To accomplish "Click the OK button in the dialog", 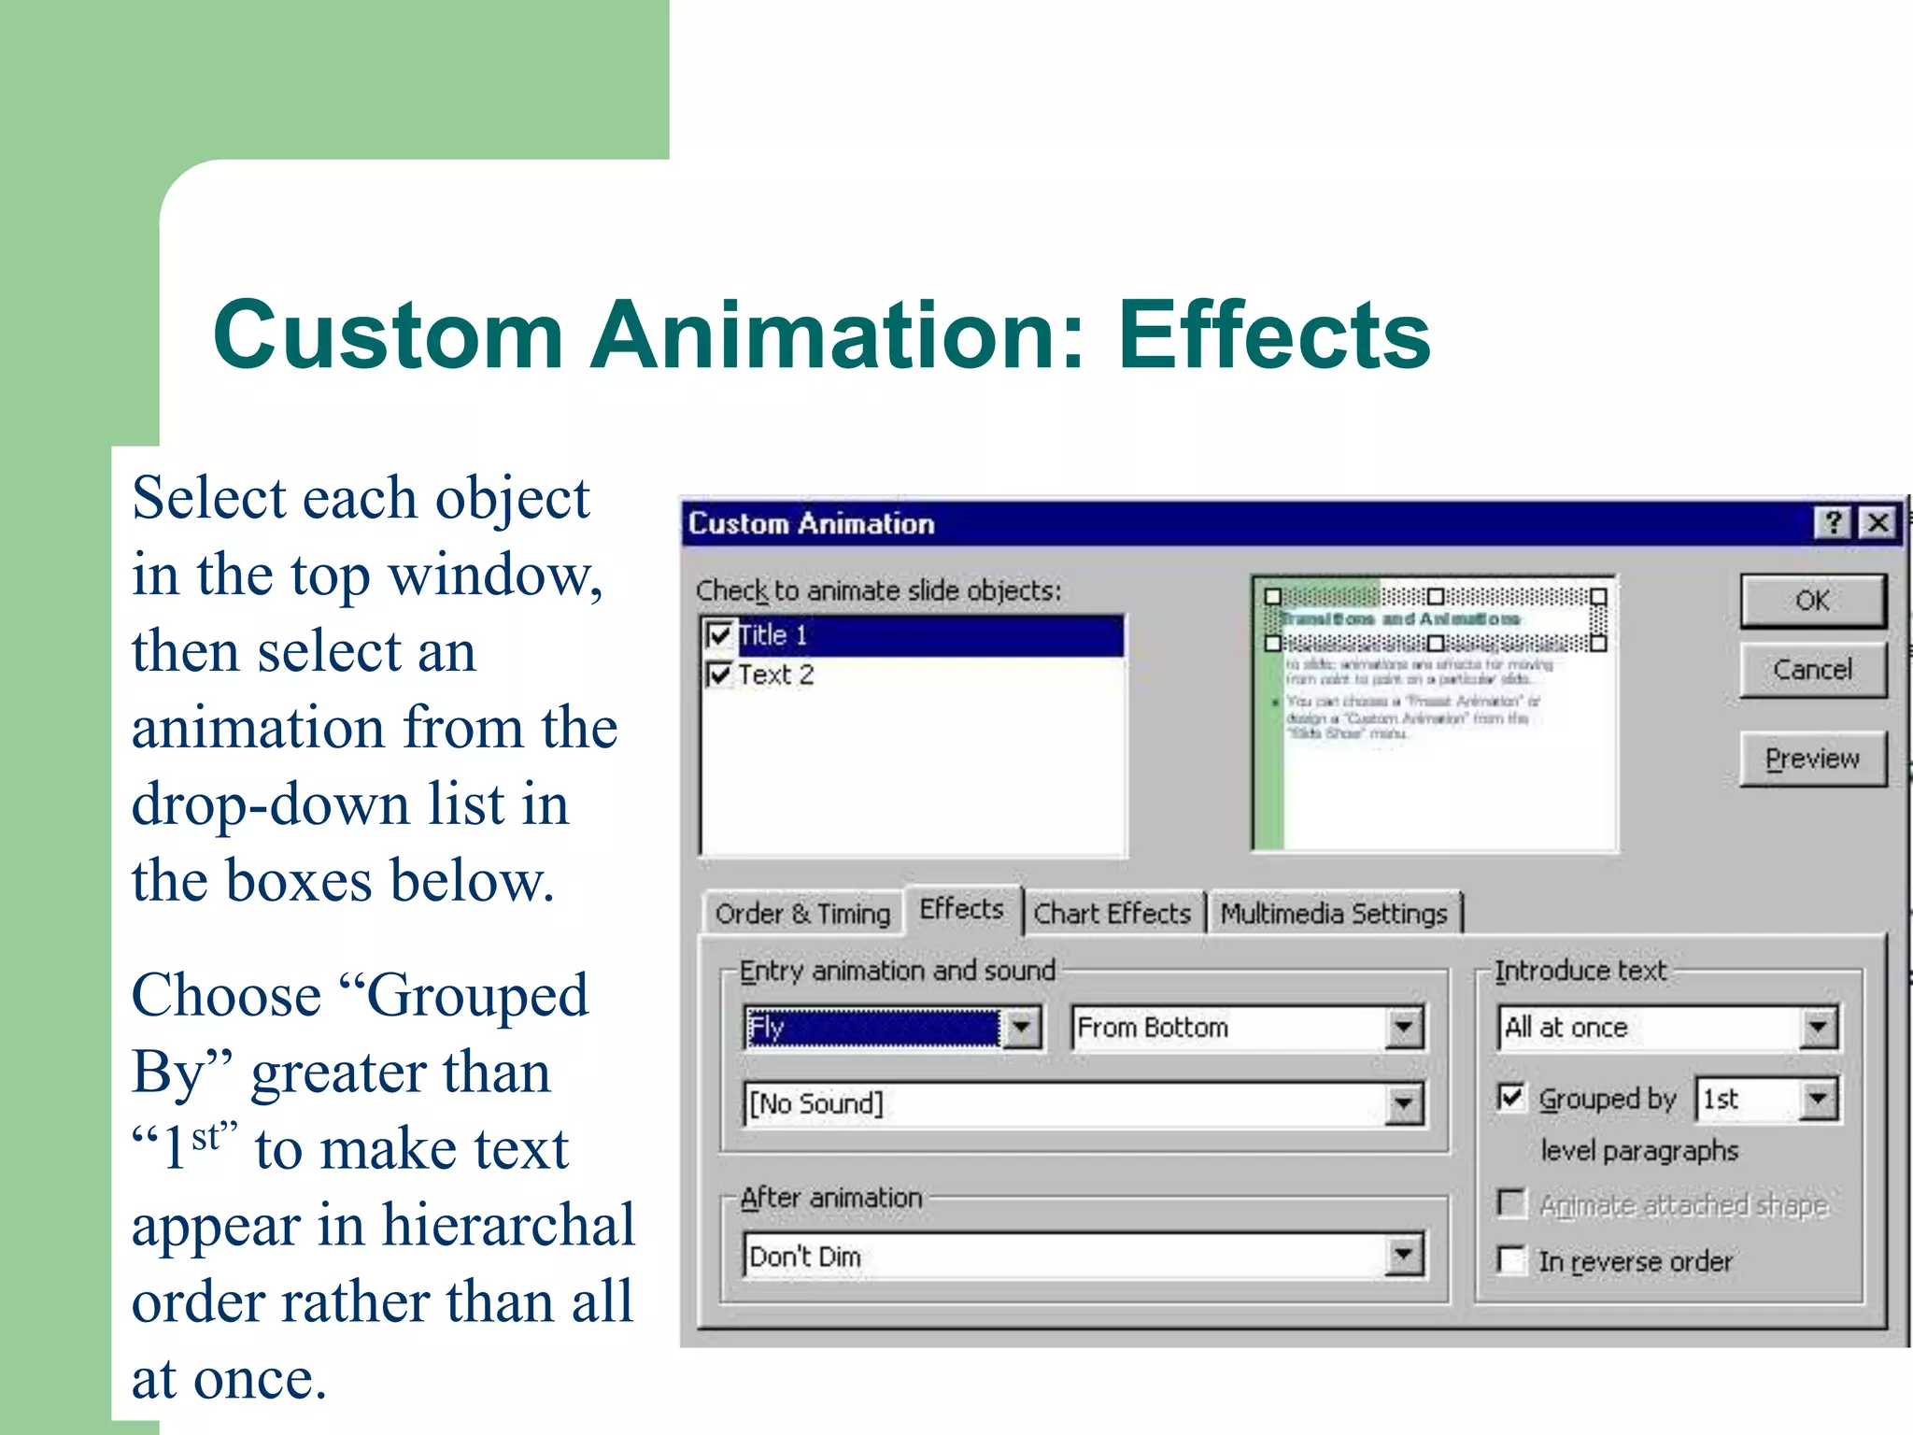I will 1812,601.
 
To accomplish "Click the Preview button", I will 1812,759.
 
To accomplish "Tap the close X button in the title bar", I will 1878,522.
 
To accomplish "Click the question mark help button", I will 1834,522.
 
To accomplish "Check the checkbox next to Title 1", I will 719,635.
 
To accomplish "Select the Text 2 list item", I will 775,675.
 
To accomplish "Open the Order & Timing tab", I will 802,914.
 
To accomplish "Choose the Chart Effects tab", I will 1112,914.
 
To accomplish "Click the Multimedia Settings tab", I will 1333,914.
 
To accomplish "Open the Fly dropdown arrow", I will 1022,1028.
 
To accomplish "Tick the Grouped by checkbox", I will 1511,1098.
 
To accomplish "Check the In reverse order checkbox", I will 1511,1260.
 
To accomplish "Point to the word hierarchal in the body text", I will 508,1226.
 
